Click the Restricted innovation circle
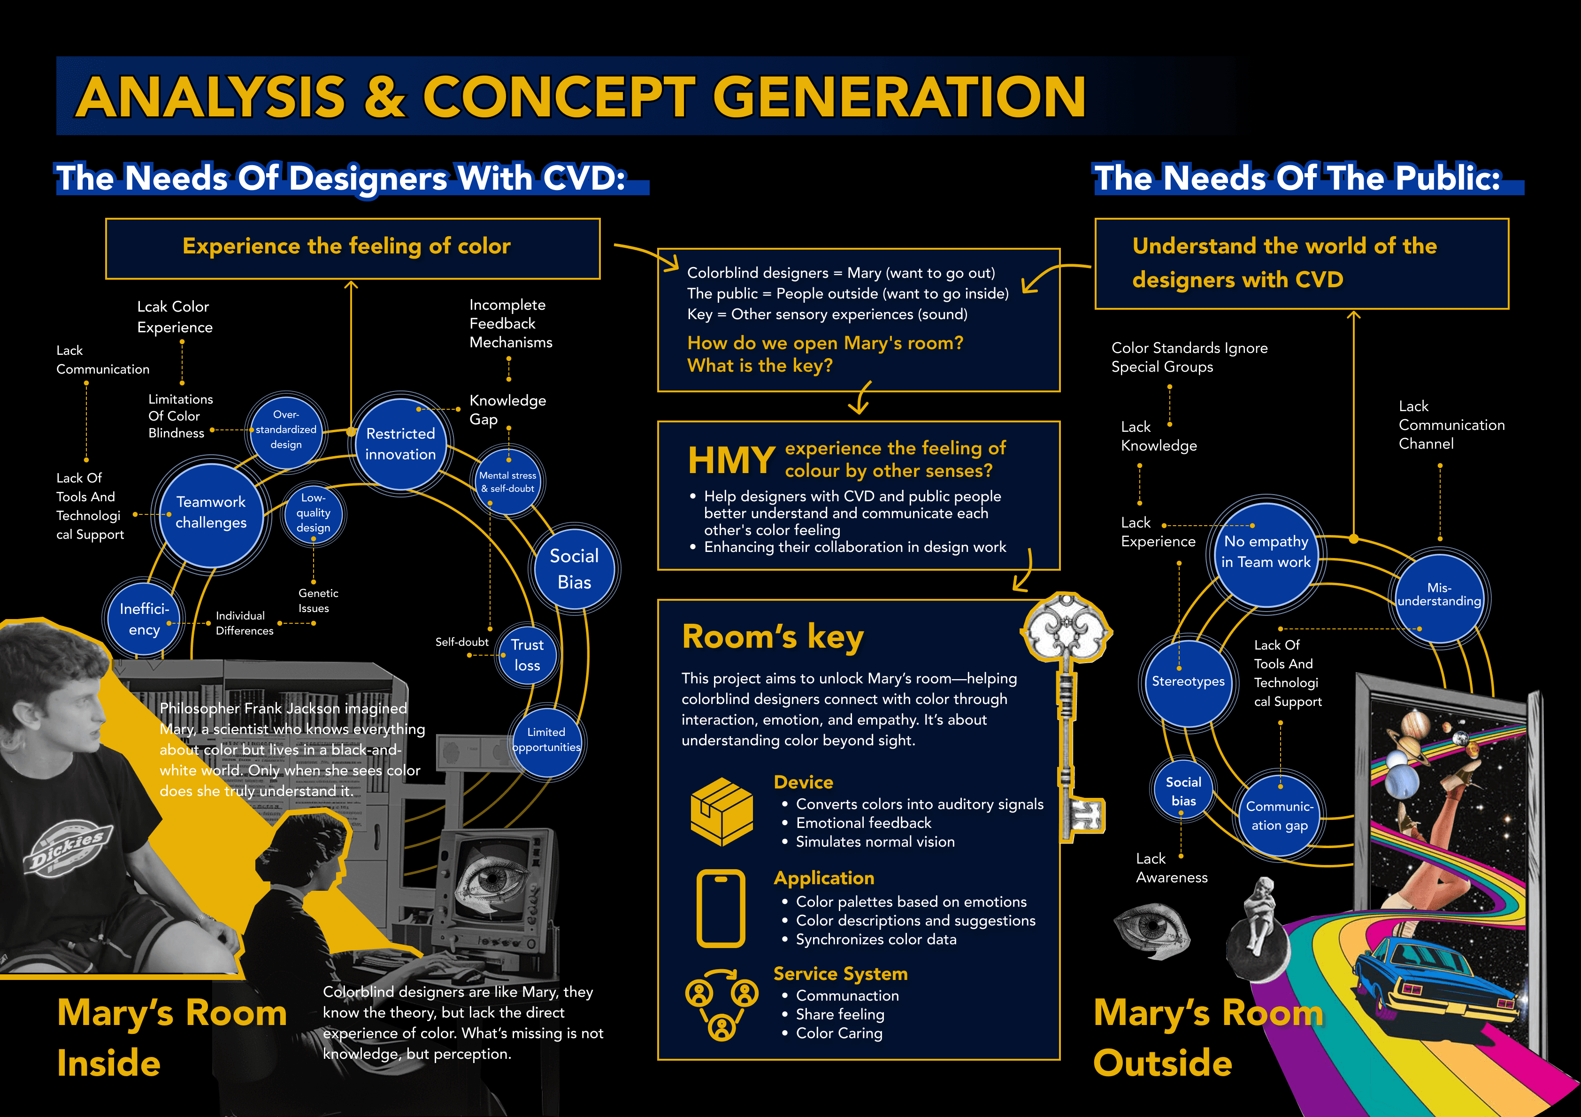coord(400,444)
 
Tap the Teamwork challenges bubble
coord(211,513)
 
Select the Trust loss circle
coord(527,655)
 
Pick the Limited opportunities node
coord(546,740)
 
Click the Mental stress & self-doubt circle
coord(508,482)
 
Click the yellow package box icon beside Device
coord(721,811)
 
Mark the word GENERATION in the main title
coord(898,97)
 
